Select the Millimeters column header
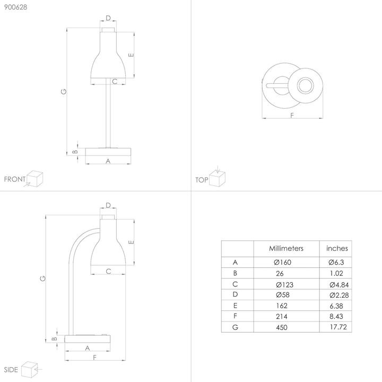pos(286,248)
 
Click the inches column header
pos(337,248)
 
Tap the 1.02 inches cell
pos(335,274)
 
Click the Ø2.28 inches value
pos(337,295)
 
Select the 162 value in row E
pos(282,306)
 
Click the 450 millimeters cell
pos(282,327)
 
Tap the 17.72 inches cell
pos(337,327)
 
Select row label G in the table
pos(235,327)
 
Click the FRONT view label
pos(14,179)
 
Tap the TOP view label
pos(202,180)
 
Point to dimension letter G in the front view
pos(64,91)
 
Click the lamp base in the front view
pos(108,152)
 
